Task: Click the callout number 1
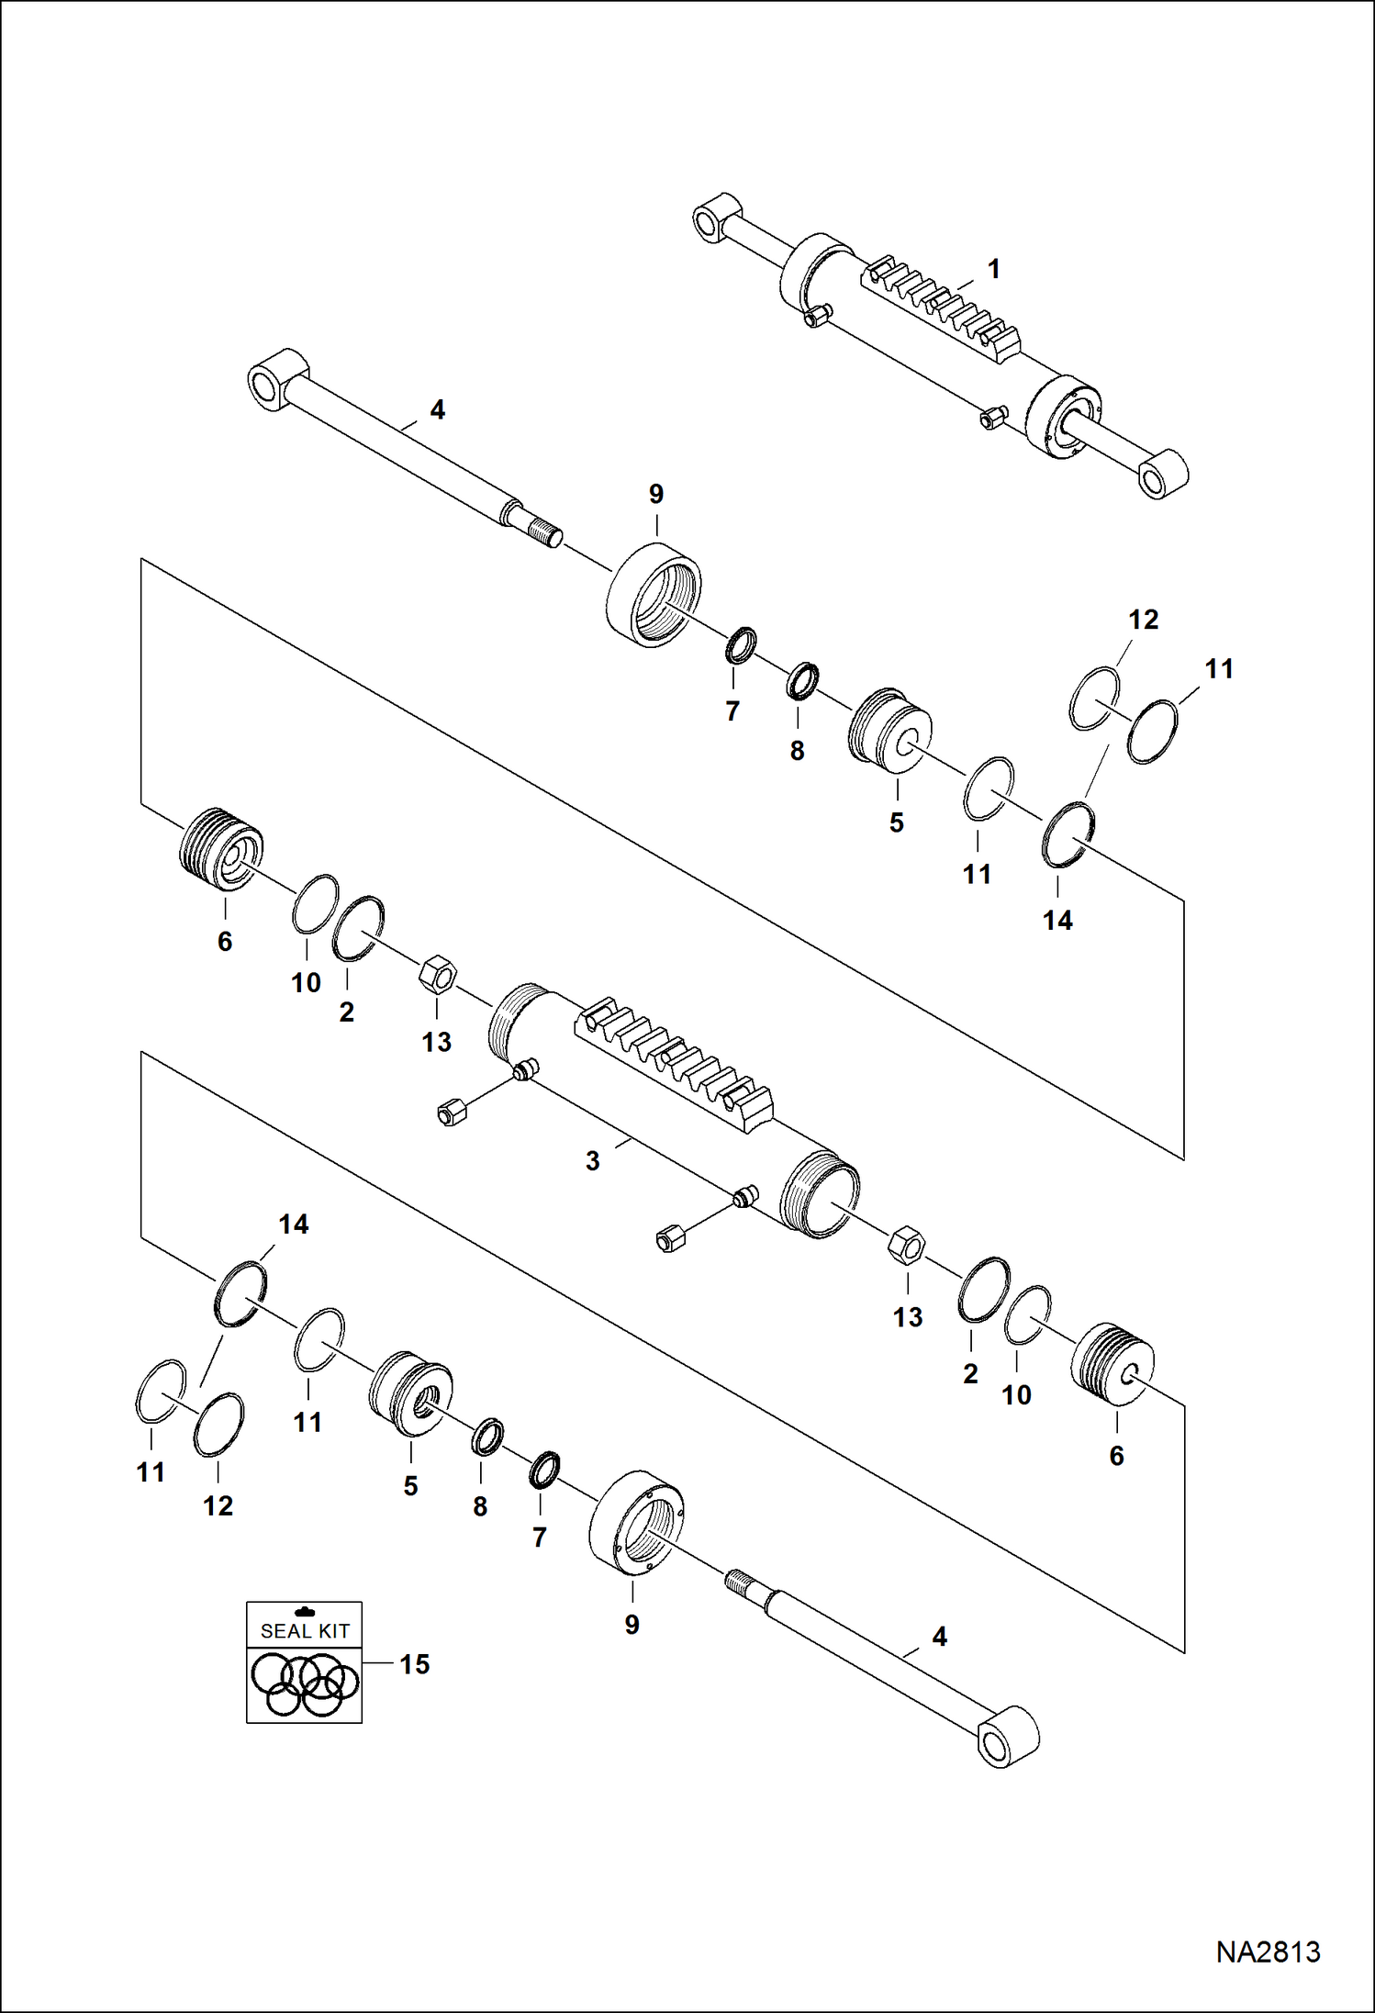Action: [x=993, y=269]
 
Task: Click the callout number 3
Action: [x=593, y=1161]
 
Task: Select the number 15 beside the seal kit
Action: [x=414, y=1664]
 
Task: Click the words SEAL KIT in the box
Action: [x=305, y=1631]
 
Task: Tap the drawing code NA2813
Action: [x=1268, y=1951]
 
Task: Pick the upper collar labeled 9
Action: [x=654, y=596]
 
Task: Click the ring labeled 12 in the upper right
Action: [x=1095, y=699]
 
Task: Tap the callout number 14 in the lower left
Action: [x=293, y=1224]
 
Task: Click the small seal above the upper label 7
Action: [x=741, y=645]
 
